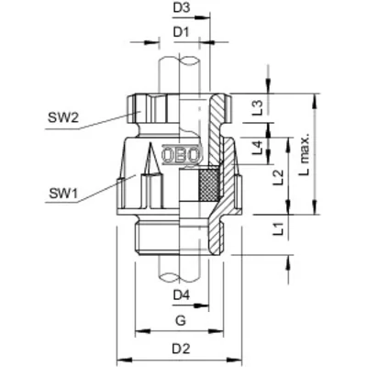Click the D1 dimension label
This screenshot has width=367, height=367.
(x=181, y=35)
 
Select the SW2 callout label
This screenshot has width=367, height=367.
(x=61, y=116)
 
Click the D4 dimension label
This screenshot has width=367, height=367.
(x=181, y=295)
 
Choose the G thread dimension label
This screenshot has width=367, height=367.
(x=181, y=320)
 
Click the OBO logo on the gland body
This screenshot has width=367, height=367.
(x=180, y=154)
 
